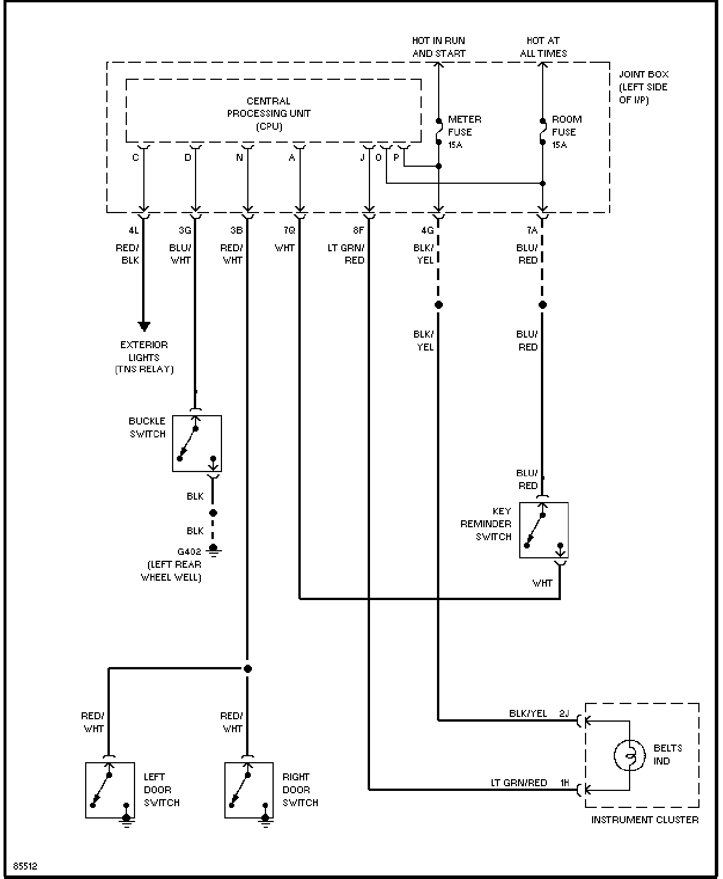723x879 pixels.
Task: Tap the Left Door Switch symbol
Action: (x=110, y=790)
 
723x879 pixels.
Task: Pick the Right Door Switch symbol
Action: (x=249, y=790)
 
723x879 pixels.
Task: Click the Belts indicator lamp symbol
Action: (x=629, y=755)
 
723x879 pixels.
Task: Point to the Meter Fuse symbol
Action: (x=439, y=132)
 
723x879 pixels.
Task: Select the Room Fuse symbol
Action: (x=543, y=132)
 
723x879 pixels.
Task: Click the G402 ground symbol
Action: (x=213, y=551)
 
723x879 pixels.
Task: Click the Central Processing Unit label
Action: (x=268, y=113)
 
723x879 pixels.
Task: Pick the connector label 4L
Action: (x=133, y=230)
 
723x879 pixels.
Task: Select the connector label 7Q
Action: (x=290, y=230)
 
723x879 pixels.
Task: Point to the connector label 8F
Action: (x=358, y=230)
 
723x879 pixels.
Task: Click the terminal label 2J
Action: (x=564, y=713)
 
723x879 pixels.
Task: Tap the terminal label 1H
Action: (x=564, y=783)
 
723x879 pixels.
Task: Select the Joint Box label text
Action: (x=643, y=87)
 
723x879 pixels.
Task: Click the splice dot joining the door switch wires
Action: (x=248, y=669)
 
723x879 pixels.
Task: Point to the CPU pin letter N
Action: (x=239, y=157)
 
